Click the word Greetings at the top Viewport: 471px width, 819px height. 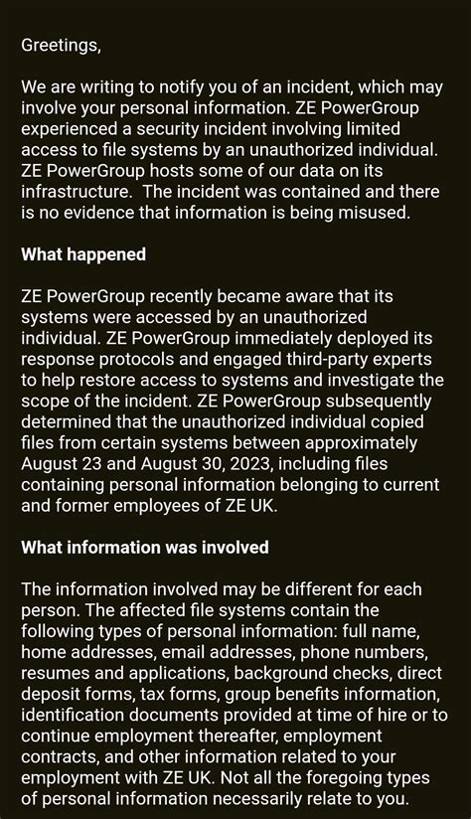pyautogui.click(x=61, y=45)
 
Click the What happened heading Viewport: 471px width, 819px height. pyautogui.click(x=83, y=254)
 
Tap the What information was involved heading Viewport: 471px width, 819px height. pyautogui.click(x=145, y=548)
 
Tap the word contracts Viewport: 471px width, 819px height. pyautogui.click(x=59, y=756)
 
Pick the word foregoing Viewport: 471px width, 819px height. pyautogui.click(x=349, y=777)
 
